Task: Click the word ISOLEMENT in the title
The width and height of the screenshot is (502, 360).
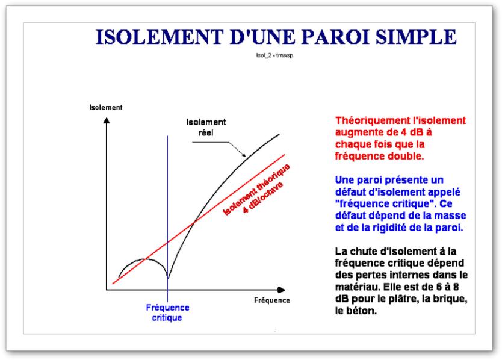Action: [x=160, y=37]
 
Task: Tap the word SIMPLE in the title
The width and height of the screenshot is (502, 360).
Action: [x=416, y=37]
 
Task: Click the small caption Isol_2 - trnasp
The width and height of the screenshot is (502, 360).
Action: [x=274, y=55]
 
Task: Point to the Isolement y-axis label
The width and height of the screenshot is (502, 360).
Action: [x=106, y=107]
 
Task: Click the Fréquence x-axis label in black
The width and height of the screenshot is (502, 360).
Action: [x=272, y=300]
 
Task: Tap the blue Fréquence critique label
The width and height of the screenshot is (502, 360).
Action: [x=167, y=312]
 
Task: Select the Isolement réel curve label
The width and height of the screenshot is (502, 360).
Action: [x=206, y=127]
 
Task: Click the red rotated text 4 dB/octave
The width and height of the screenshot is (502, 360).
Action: [x=263, y=197]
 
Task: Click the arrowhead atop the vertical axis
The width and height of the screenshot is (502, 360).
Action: [x=107, y=120]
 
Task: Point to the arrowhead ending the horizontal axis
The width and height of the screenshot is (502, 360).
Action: [x=281, y=290]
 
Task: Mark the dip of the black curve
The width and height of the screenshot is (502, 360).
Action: [x=168, y=278]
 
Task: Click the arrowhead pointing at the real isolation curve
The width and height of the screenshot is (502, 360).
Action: [x=244, y=155]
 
